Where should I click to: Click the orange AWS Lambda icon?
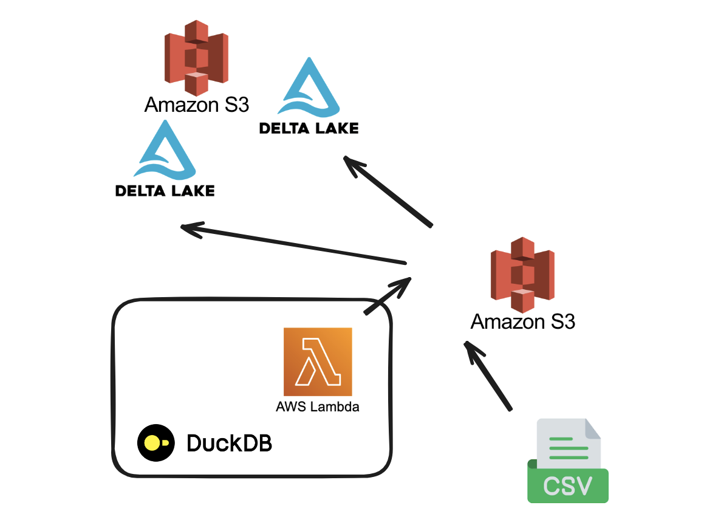click(x=317, y=362)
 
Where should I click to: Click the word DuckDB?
click(x=229, y=444)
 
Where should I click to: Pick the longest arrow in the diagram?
click(x=295, y=245)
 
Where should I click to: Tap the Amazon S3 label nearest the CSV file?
click(x=522, y=321)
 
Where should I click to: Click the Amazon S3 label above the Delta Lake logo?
click(x=196, y=105)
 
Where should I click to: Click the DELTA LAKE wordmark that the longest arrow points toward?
click(x=165, y=191)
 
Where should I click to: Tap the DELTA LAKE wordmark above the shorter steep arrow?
click(x=309, y=128)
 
